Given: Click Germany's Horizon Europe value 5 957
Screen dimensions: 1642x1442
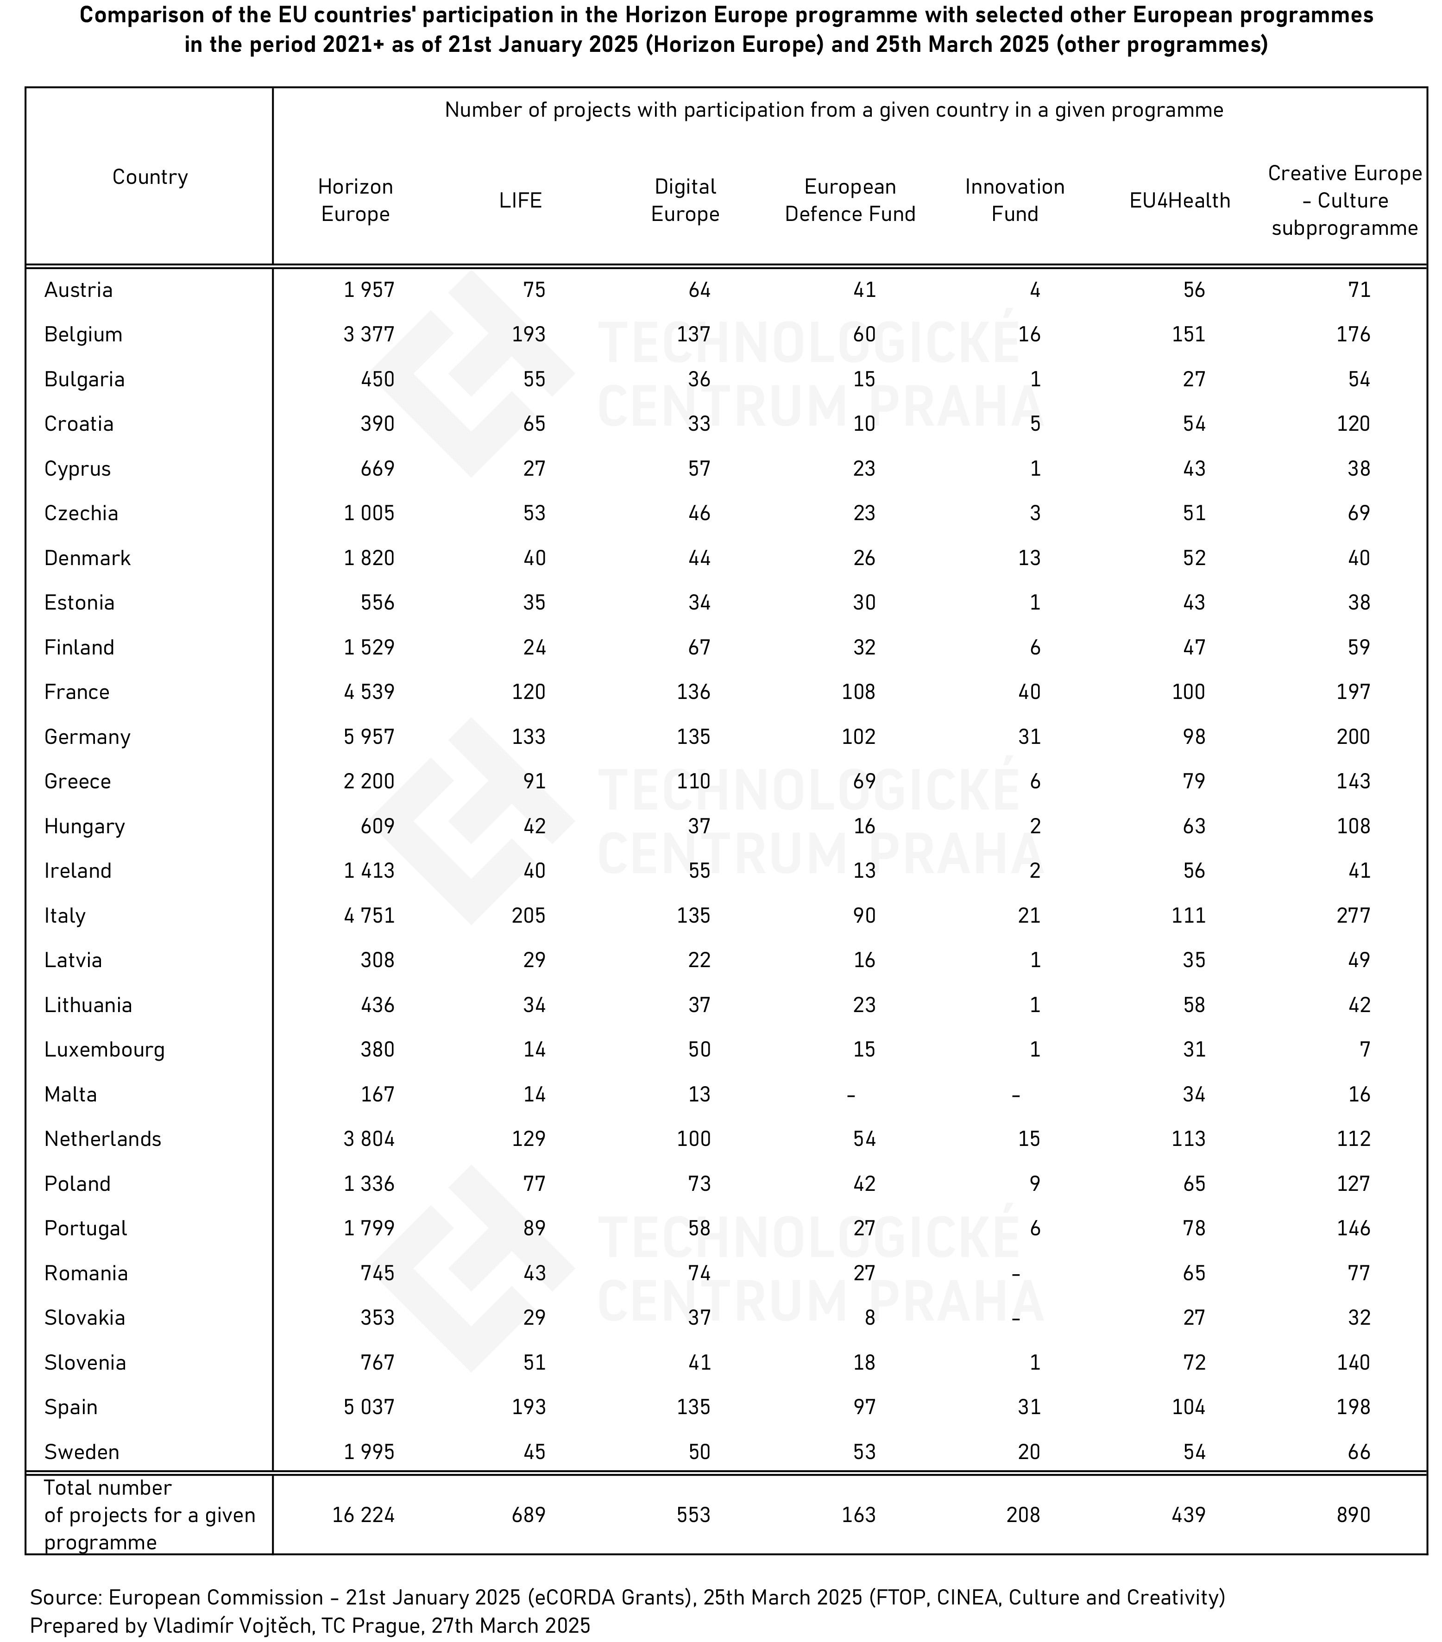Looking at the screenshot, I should [369, 736].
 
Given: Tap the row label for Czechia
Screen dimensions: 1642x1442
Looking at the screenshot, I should [81, 513].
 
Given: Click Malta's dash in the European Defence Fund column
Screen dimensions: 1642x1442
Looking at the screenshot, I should [851, 1094].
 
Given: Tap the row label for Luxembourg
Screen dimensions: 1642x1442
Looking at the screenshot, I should [104, 1050].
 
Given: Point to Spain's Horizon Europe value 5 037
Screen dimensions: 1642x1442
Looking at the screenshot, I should [369, 1407].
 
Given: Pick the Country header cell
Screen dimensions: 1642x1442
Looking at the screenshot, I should [150, 177].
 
